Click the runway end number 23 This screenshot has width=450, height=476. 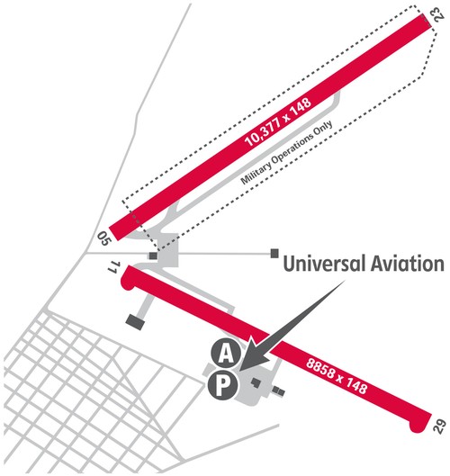pos(439,14)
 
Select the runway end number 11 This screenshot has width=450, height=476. pos(114,267)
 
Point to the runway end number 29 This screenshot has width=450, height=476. pos(440,426)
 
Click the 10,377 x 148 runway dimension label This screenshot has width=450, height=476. pos(278,122)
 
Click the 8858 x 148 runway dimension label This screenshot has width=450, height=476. pos(337,376)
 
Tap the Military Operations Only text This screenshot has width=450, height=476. pos(286,152)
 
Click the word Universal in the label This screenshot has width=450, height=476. pos(324,264)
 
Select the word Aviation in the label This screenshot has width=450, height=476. pos(408,264)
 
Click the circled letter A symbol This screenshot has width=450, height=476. pos(226,353)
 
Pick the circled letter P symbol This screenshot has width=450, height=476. pos(222,385)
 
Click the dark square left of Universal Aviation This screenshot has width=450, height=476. pos(274,253)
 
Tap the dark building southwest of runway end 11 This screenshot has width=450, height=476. pos(135,322)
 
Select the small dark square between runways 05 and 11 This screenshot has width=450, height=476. pos(153,256)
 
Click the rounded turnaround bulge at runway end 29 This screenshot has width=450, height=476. pos(417,427)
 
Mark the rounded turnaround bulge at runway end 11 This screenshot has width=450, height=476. pos(127,283)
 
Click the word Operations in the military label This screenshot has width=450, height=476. pos(291,149)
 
